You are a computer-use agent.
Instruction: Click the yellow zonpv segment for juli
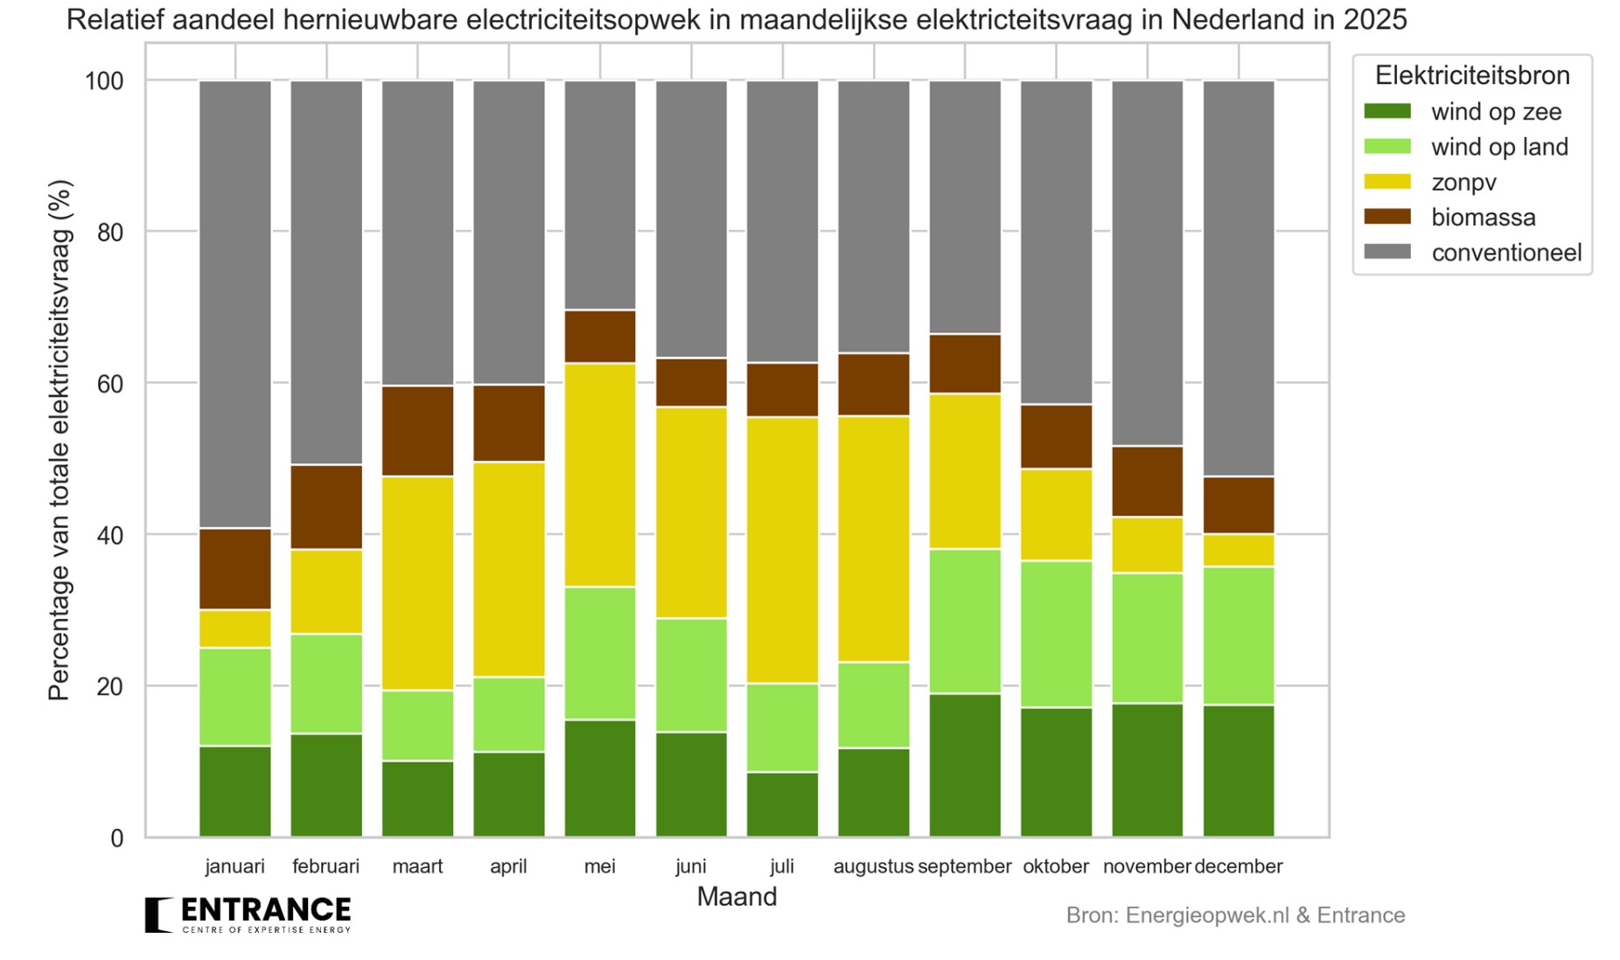(782, 550)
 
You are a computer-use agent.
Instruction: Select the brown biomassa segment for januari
(235, 568)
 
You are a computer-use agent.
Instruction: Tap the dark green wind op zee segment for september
(965, 765)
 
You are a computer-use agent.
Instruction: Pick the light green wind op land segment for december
(1239, 636)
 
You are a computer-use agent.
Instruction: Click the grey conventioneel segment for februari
(326, 272)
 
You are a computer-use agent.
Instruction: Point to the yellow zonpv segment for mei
(600, 474)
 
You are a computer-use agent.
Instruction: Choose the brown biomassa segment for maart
(418, 431)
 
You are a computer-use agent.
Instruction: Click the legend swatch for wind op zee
(1387, 112)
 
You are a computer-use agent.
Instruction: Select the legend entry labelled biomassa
(1483, 217)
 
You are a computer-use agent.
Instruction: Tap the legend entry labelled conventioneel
(1505, 253)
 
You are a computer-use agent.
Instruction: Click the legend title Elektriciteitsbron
(1471, 76)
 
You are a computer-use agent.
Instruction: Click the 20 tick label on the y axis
(109, 687)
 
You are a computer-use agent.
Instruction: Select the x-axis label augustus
(873, 866)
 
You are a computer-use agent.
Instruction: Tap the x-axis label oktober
(1056, 866)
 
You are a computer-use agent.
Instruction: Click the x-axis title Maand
(737, 897)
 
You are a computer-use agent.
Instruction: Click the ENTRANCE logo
(248, 915)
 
